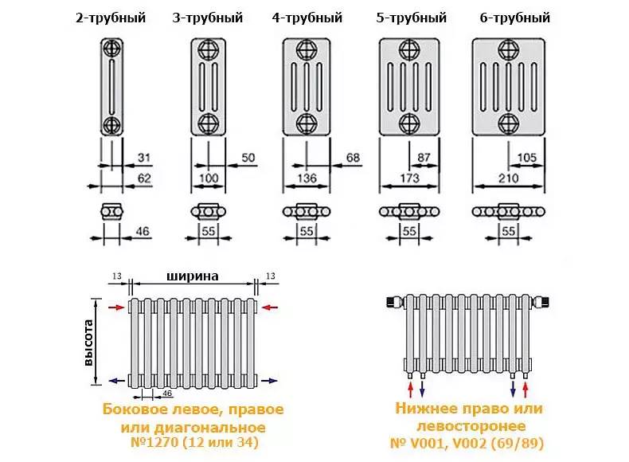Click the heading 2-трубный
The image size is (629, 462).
point(111,18)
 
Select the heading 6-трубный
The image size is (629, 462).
point(515,18)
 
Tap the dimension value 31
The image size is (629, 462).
point(144,156)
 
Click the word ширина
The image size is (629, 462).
point(193,276)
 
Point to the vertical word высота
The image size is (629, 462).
point(89,343)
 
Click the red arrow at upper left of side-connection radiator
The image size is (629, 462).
point(117,306)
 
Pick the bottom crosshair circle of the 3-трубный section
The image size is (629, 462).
point(208,123)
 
